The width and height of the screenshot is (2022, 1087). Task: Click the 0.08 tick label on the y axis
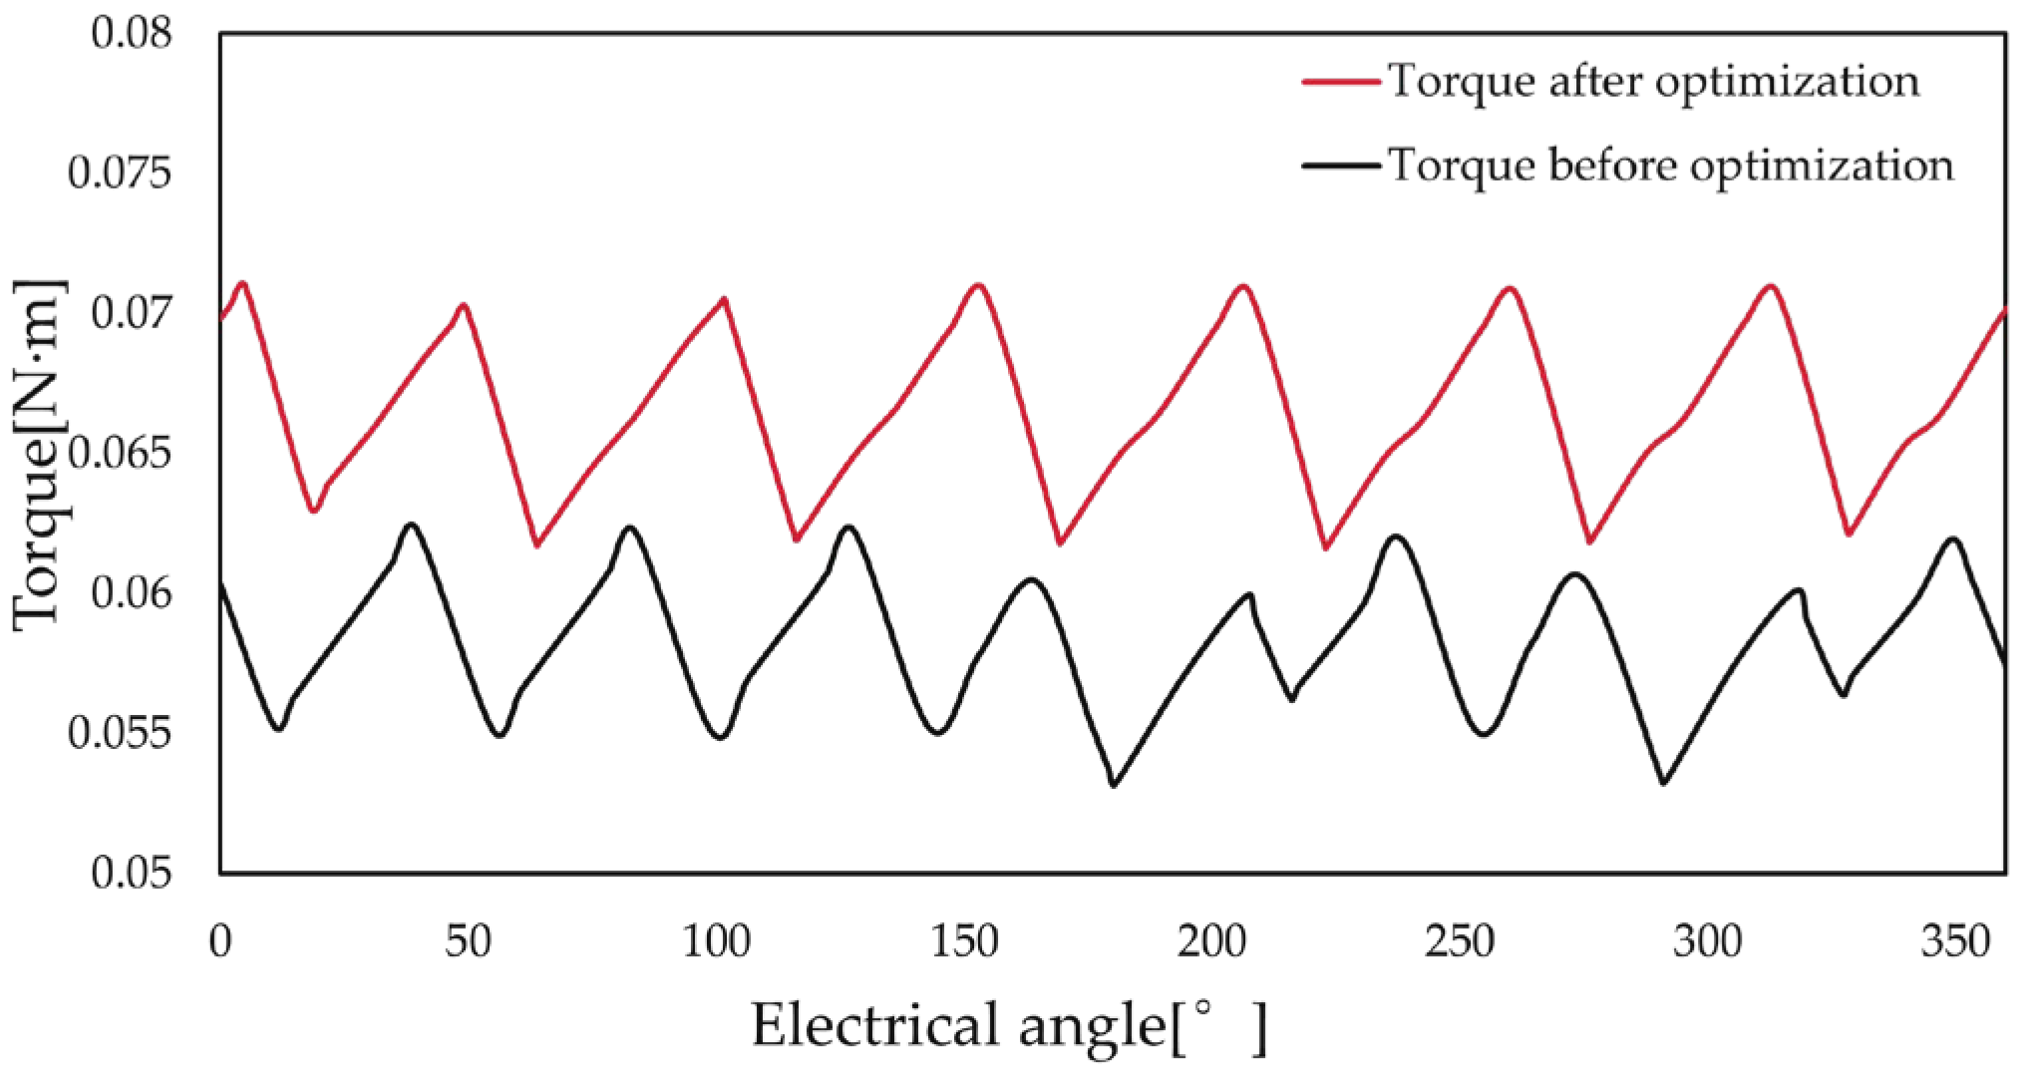click(x=132, y=33)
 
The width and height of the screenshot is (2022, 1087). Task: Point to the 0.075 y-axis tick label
click(x=120, y=173)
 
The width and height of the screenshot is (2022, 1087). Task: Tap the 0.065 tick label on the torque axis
click(x=120, y=454)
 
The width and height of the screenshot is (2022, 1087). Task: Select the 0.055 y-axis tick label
click(x=120, y=733)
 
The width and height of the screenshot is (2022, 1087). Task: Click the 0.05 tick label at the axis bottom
click(x=132, y=873)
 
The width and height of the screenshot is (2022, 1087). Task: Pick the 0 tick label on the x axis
click(x=220, y=941)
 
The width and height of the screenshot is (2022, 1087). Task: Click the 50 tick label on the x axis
click(x=468, y=941)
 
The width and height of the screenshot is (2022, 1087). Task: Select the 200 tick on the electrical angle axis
click(x=1211, y=941)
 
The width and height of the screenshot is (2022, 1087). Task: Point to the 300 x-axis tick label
click(x=1707, y=941)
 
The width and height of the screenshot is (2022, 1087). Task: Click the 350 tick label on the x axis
click(x=1955, y=941)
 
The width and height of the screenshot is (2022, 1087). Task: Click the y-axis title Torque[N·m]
click(x=38, y=455)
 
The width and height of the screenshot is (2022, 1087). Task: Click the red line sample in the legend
click(x=1341, y=81)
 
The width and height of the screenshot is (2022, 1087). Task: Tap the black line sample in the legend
click(x=1341, y=165)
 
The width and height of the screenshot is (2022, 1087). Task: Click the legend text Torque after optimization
click(x=1654, y=81)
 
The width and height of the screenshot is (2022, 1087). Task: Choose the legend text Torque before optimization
click(x=1671, y=165)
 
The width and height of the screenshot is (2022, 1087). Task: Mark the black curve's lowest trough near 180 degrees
click(x=1114, y=785)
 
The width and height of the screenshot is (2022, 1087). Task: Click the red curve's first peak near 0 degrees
click(x=242, y=282)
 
